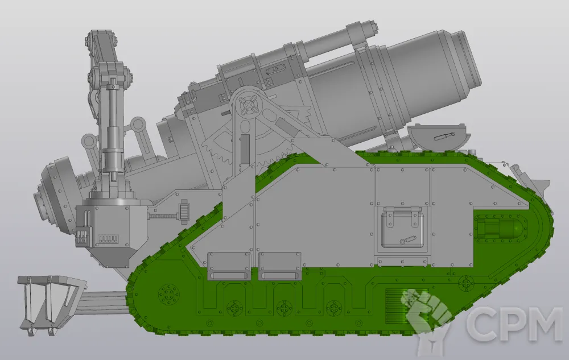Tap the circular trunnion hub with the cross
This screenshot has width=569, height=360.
(249, 105)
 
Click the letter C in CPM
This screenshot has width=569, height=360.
(481, 325)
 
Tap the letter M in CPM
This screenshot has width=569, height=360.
(545, 325)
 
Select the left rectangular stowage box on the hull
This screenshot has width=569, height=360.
(229, 266)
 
